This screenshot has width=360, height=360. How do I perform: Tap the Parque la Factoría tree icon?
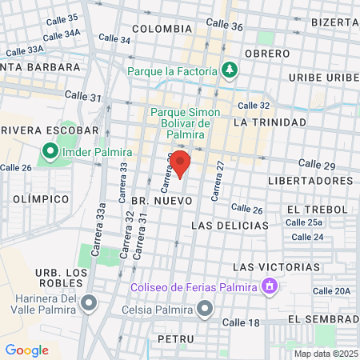(x=230, y=70)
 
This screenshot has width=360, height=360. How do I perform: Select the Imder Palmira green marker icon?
(x=50, y=150)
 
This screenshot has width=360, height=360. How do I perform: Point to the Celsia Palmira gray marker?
(x=206, y=307)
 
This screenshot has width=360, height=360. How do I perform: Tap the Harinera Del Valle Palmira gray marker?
(x=89, y=303)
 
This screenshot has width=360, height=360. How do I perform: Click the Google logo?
(x=26, y=350)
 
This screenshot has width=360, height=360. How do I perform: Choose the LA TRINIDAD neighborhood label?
(x=270, y=122)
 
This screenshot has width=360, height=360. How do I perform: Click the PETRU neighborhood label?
(x=177, y=339)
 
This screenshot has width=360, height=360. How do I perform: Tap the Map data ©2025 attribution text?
(x=325, y=354)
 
